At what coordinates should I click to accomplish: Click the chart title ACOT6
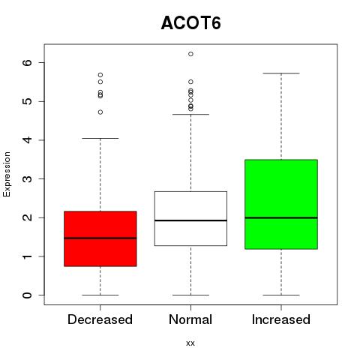(191, 23)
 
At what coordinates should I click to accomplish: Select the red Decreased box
(100, 238)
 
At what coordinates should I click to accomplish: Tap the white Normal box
(190, 218)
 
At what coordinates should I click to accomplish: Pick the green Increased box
(281, 204)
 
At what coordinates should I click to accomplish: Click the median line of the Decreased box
(100, 238)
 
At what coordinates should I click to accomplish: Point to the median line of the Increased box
(281, 217)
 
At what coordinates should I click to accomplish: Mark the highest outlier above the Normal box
(190, 54)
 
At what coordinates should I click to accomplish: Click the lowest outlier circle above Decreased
(100, 112)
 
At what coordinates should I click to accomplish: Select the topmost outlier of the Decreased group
(100, 75)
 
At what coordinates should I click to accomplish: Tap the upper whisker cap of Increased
(281, 73)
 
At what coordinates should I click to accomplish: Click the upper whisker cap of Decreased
(100, 138)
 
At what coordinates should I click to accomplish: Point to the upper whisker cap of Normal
(190, 115)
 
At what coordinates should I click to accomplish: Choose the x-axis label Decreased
(100, 319)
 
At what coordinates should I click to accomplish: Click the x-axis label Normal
(190, 319)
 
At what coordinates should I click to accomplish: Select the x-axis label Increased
(281, 319)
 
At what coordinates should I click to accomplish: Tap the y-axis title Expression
(7, 174)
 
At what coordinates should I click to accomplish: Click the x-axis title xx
(190, 343)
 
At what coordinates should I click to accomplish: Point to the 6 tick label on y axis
(28, 62)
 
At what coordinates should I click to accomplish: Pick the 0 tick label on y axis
(28, 295)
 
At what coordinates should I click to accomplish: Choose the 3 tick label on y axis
(28, 178)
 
